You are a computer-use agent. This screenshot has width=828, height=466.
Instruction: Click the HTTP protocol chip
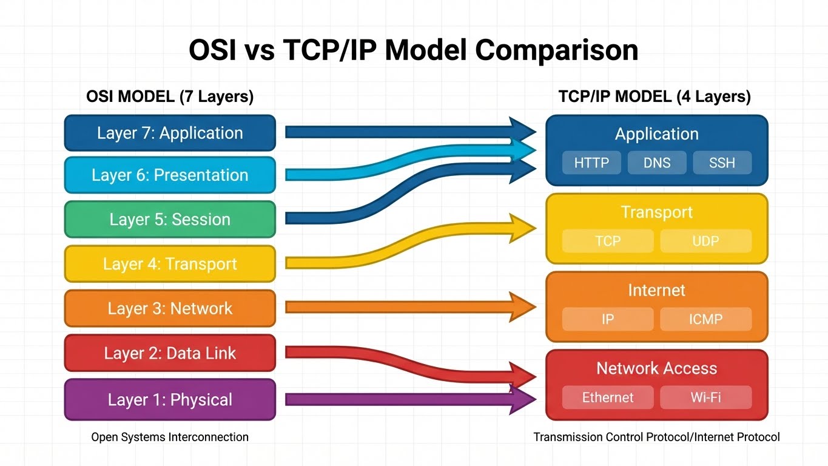(591, 163)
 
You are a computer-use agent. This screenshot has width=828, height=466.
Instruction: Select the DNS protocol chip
(656, 163)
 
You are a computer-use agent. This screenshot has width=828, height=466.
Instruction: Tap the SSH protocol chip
(722, 163)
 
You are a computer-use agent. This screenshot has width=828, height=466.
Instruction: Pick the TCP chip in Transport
(607, 241)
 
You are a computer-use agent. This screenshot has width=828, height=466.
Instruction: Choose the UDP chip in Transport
(705, 241)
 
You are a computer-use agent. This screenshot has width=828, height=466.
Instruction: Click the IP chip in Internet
(607, 319)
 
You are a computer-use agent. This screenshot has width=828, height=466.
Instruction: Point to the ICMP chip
(705, 319)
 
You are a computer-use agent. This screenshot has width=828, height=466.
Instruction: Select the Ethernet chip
(607, 397)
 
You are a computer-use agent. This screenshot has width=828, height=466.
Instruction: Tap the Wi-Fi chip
(705, 397)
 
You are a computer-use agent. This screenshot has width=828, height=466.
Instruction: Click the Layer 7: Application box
(170, 133)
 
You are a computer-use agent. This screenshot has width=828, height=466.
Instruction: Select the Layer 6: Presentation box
(170, 175)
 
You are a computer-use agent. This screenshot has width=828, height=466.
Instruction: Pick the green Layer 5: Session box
(170, 220)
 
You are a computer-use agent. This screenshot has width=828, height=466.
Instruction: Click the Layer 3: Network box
(170, 308)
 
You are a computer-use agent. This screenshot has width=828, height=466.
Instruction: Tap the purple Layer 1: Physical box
(170, 400)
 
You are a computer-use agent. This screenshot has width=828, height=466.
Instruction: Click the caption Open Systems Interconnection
(170, 437)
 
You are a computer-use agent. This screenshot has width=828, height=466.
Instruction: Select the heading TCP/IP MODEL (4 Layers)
(654, 96)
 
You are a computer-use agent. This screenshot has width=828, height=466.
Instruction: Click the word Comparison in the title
(556, 50)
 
